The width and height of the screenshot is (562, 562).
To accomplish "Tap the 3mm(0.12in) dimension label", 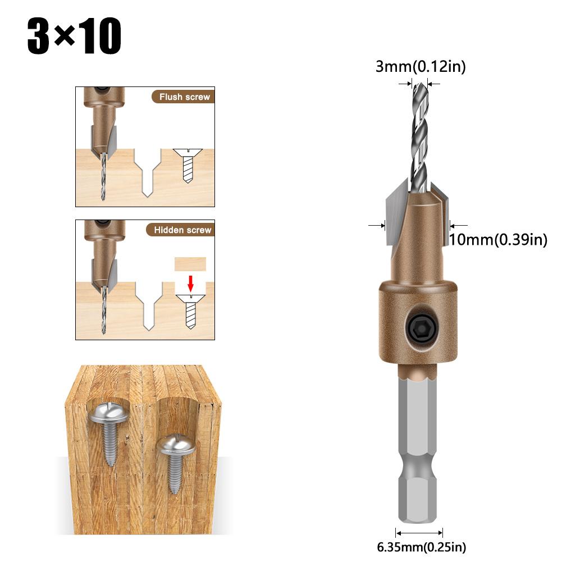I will click(x=421, y=67).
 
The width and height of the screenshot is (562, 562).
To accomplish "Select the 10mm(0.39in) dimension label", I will click(x=498, y=240).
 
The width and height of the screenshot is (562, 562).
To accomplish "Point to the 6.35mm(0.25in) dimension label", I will click(x=421, y=547).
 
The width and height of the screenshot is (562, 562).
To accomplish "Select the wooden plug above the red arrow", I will click(x=190, y=264).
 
